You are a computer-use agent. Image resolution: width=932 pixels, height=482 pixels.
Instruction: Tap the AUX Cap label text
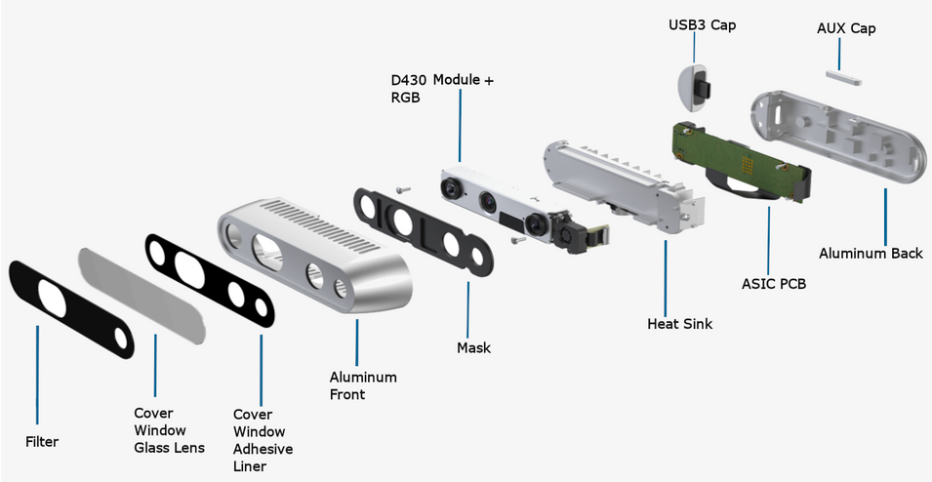click(845, 28)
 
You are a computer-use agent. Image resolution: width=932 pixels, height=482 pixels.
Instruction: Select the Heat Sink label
click(679, 323)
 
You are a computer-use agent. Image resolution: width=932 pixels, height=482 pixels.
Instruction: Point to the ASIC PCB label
click(775, 285)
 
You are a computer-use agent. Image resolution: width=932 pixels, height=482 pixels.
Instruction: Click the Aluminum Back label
click(871, 254)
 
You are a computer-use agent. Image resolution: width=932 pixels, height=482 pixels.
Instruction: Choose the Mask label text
click(473, 347)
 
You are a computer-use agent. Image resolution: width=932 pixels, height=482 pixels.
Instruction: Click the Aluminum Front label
click(363, 385)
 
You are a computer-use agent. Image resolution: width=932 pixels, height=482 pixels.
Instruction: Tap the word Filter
click(42, 442)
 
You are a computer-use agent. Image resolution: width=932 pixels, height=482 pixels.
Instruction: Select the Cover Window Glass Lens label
click(169, 430)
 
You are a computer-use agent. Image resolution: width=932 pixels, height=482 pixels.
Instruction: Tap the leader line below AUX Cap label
click(837, 55)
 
